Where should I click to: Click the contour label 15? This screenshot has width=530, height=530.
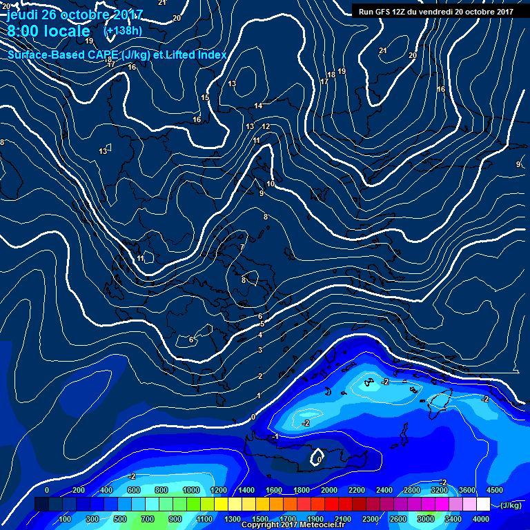pyautogui.click(x=205, y=98)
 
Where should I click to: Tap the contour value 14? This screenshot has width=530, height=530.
pyautogui.click(x=258, y=106)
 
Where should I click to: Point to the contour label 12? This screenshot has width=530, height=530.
pyautogui.click(x=266, y=127)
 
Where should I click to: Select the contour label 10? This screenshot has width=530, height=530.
pyautogui.click(x=271, y=184)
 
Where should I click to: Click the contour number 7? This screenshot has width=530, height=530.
pyautogui.click(x=242, y=247)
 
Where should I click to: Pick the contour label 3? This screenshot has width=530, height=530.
pyautogui.click(x=260, y=351)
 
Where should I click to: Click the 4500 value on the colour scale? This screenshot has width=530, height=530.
pyautogui.click(x=494, y=489)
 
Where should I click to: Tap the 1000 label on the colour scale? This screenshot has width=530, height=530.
pyautogui.click(x=190, y=489)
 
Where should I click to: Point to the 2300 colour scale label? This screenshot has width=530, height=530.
pyautogui.click(x=371, y=519)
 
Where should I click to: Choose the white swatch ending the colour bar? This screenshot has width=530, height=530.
pyautogui.click(x=483, y=504)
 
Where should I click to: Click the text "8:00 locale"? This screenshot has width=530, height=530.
pyautogui.click(x=48, y=31)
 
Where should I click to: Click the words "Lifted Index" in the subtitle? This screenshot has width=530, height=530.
pyautogui.click(x=194, y=55)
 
